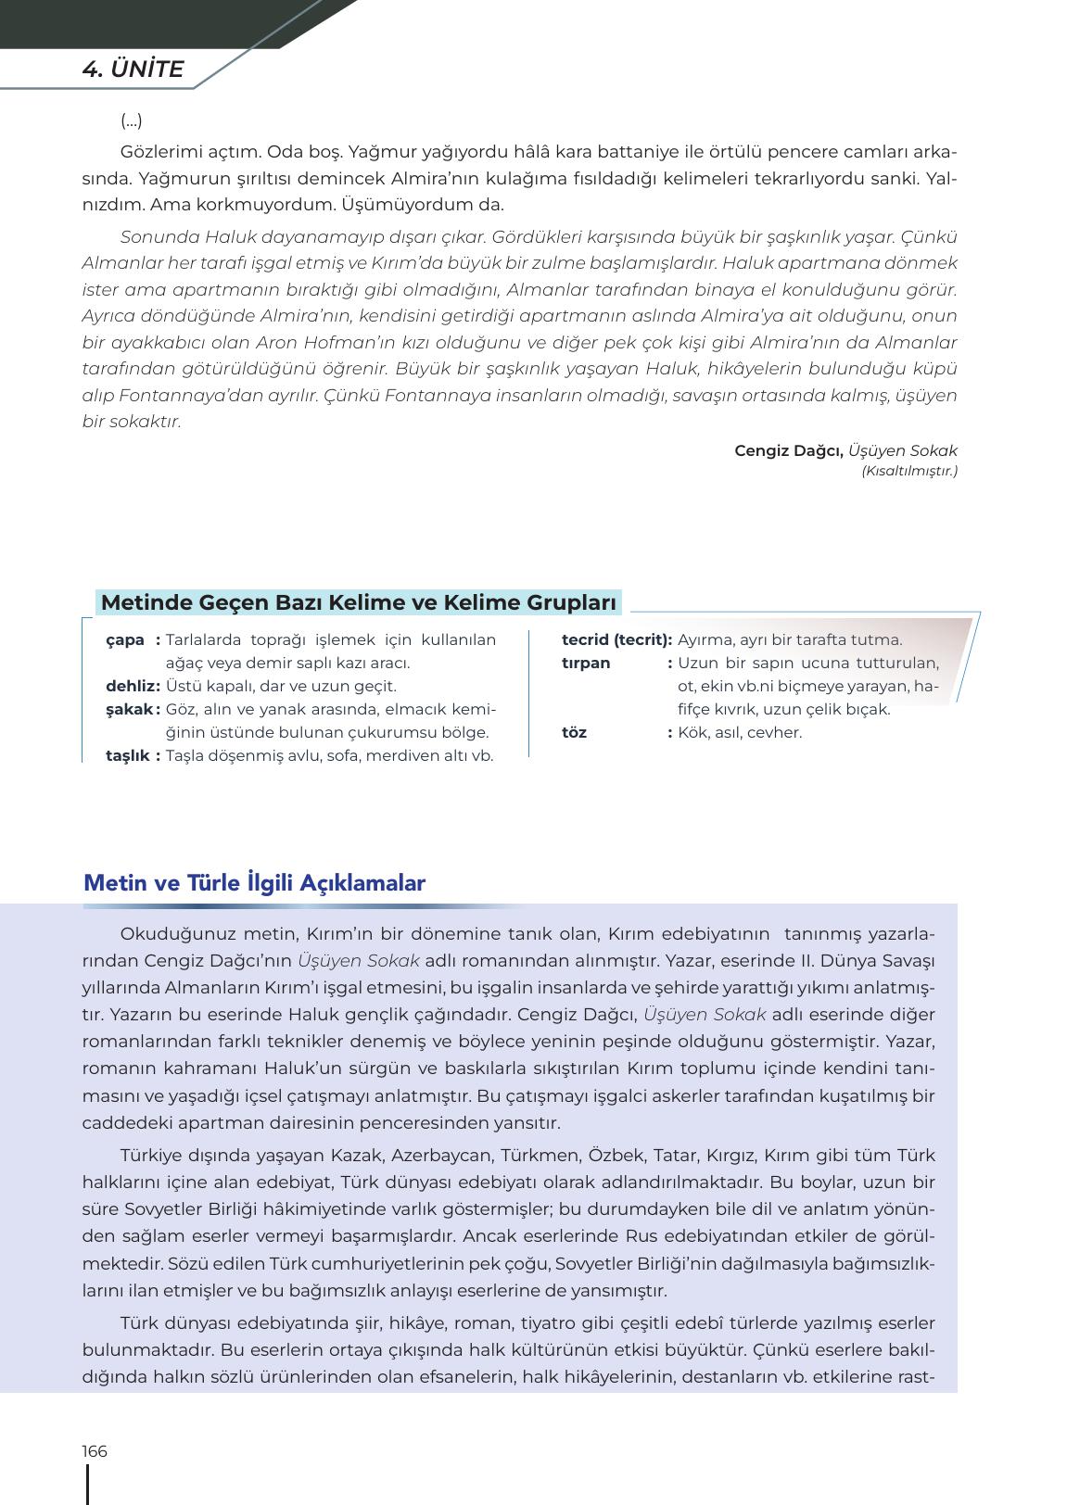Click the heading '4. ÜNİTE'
(x=133, y=70)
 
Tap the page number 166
(x=95, y=1451)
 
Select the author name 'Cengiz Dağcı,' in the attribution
(x=788, y=450)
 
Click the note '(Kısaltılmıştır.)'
(x=908, y=471)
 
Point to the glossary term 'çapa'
(x=125, y=639)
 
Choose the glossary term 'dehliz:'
(x=133, y=686)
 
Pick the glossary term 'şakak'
(x=129, y=709)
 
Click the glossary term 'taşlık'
(x=128, y=755)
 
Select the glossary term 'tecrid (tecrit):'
(x=616, y=639)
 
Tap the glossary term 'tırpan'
(x=586, y=663)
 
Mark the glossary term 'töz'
(x=574, y=732)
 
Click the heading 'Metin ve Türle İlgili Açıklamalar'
(x=254, y=882)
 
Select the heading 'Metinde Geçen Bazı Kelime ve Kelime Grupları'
(x=358, y=602)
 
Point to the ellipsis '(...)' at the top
(x=132, y=120)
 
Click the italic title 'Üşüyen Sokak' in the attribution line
(x=902, y=450)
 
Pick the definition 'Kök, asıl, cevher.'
(x=740, y=732)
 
